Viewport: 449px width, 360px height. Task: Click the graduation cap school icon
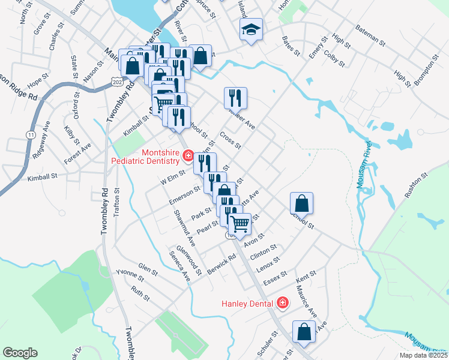coord(251,29)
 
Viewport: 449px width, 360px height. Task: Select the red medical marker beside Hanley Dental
coord(283,304)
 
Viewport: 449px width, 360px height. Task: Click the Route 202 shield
coord(116,81)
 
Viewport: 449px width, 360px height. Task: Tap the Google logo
coord(20,353)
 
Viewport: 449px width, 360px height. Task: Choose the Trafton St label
coord(118,200)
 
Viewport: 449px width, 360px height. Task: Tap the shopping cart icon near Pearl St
coord(240,224)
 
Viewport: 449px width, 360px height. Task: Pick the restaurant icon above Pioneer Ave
coord(235,97)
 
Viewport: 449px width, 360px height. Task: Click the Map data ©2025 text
coord(423,355)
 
